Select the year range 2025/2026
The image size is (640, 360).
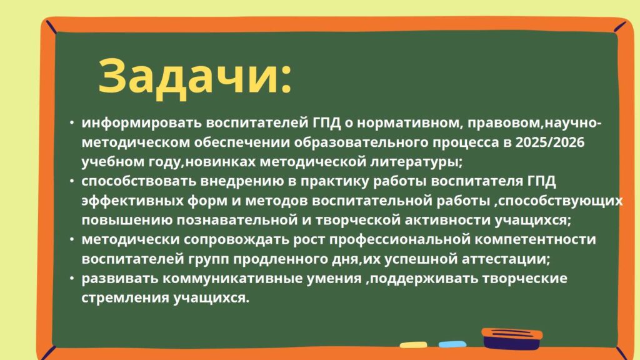[x=550, y=142]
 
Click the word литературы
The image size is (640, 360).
[x=416, y=162]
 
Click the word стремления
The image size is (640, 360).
[x=125, y=298]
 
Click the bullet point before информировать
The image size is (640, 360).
[x=72, y=122]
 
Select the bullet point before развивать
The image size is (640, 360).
[x=72, y=278]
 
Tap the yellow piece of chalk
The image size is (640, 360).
[x=414, y=345]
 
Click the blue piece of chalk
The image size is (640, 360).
[x=452, y=344]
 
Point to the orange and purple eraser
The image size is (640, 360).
[x=512, y=338]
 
